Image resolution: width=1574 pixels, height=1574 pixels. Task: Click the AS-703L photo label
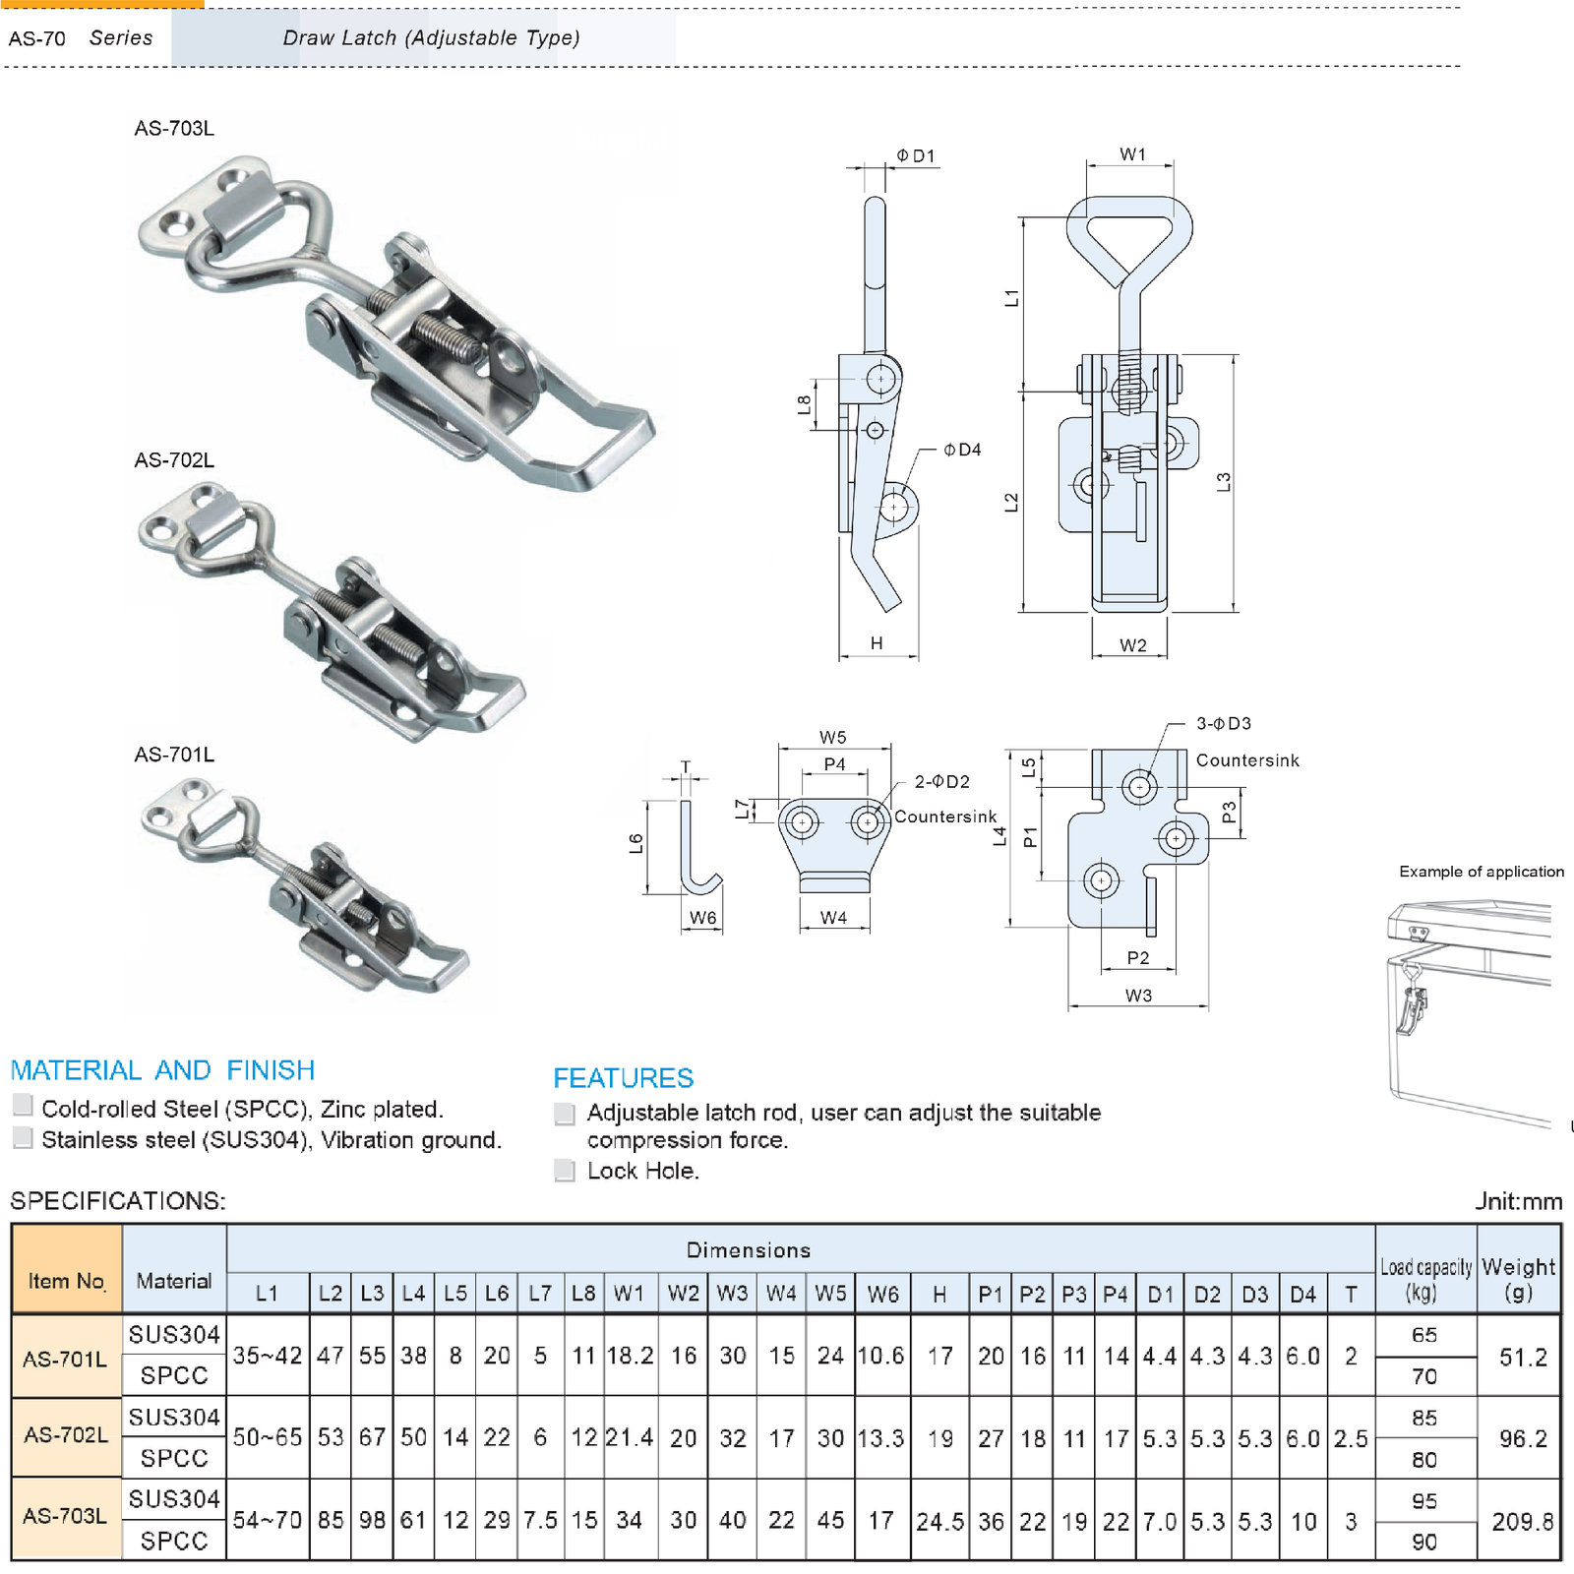click(174, 128)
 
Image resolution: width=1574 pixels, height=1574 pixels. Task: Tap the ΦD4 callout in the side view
click(961, 450)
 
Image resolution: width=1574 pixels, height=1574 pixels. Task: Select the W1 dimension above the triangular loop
click(1132, 154)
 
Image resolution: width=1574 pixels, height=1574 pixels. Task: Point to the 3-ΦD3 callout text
click(1223, 723)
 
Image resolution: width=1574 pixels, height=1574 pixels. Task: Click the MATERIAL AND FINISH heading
click(162, 1069)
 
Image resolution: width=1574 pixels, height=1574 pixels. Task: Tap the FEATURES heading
click(623, 1077)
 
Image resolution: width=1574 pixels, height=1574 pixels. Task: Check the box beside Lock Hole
click(565, 1170)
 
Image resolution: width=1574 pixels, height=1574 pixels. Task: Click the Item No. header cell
click(66, 1280)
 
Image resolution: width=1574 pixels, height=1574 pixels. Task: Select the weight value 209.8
click(1521, 1522)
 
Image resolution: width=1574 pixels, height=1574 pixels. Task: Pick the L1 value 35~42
click(268, 1356)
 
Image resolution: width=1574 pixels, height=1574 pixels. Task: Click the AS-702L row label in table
click(66, 1435)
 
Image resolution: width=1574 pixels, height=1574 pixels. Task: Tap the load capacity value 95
click(1423, 1501)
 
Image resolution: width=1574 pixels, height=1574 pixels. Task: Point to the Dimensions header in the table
click(748, 1249)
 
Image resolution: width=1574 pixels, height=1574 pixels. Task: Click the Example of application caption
click(1481, 872)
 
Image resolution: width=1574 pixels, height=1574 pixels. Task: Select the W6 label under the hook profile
click(702, 918)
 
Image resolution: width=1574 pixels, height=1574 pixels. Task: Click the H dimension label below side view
click(877, 643)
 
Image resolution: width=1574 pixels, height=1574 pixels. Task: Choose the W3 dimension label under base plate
click(1138, 996)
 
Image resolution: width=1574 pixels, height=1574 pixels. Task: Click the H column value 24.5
click(939, 1522)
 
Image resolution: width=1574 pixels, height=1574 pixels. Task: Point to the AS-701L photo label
click(174, 755)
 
